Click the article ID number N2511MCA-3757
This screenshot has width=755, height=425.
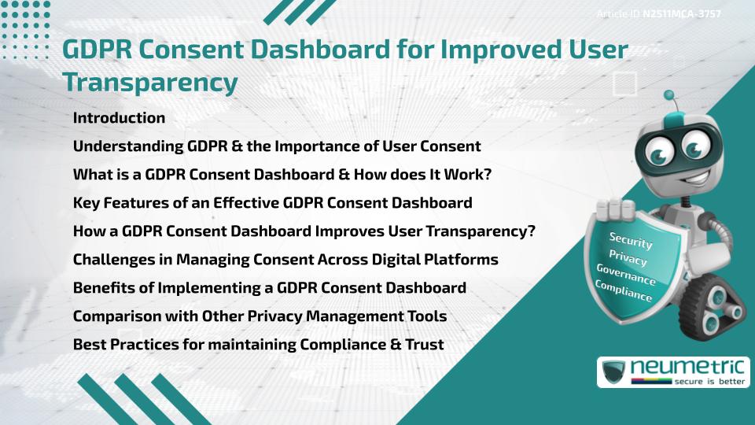point(682,14)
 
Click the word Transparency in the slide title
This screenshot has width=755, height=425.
point(149,82)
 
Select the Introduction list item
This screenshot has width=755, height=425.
point(119,118)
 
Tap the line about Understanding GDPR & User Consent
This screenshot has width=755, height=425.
point(277,146)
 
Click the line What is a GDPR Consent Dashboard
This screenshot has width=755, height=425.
point(293,175)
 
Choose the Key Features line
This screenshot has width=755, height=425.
point(272,203)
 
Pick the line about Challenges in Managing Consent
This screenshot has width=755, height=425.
point(285,260)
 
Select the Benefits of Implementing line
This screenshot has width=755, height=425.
point(270,288)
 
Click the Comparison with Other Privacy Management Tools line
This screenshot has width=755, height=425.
point(260,316)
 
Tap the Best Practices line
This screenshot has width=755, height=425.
point(258,345)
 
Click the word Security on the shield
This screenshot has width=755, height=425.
point(631,241)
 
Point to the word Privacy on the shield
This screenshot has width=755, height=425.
point(628,257)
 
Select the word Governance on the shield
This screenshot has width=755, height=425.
point(625,275)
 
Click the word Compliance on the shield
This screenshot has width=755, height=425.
point(623,292)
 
